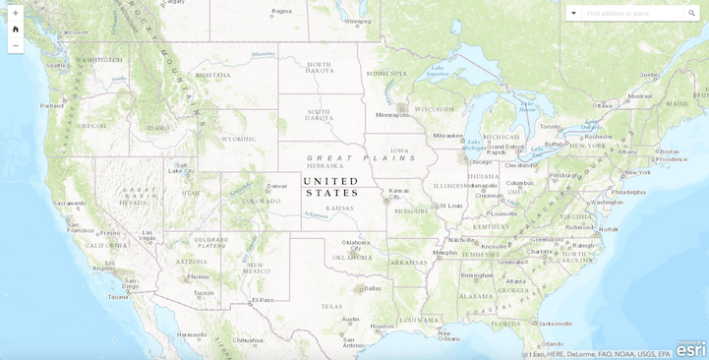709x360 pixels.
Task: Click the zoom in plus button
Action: [x=15, y=13]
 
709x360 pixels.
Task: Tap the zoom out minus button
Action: [x=15, y=45]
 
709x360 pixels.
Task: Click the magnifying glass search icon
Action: [x=691, y=13]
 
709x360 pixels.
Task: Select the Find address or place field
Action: [x=629, y=13]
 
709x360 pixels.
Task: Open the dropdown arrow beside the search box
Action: [x=573, y=13]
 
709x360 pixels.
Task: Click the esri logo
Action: [x=690, y=349]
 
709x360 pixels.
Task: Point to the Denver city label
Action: [x=277, y=185]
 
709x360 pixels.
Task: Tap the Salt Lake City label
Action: [x=182, y=170]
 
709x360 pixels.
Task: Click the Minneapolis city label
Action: [x=392, y=115]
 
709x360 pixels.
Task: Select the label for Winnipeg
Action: [x=358, y=21]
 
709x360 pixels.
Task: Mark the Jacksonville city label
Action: [x=555, y=323]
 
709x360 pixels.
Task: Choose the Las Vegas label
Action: [x=148, y=235]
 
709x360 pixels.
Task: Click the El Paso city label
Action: [x=263, y=299]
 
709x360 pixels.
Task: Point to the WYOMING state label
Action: [x=239, y=139]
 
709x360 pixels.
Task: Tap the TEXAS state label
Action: [x=331, y=306]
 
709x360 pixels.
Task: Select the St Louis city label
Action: [x=451, y=206]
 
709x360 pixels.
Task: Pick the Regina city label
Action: [x=282, y=11]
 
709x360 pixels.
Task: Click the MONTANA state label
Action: [x=213, y=75]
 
